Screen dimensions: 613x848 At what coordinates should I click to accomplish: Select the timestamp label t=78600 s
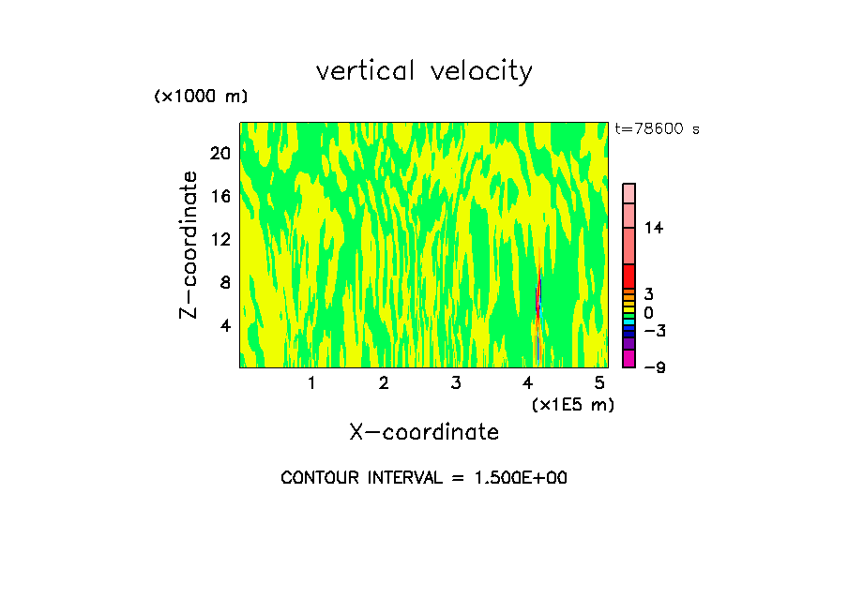coord(657,129)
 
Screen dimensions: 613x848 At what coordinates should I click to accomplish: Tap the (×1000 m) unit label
coord(201,97)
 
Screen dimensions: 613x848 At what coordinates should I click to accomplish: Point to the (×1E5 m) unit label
coord(572,404)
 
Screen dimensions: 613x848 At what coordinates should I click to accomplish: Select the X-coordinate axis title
coord(424,432)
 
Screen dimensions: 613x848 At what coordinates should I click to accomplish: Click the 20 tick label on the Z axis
coord(220,154)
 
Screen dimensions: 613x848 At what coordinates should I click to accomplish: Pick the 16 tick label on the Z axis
coord(220,197)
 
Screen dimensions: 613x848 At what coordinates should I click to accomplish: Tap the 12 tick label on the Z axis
coord(220,239)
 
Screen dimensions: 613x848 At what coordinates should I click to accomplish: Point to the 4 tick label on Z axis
coord(224,325)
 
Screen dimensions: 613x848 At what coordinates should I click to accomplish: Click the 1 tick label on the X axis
coord(311,383)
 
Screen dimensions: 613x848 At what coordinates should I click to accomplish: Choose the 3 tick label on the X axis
coord(456,383)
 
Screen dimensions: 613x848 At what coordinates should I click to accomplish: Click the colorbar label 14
coord(654,228)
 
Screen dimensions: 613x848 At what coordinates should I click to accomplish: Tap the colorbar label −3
coord(654,331)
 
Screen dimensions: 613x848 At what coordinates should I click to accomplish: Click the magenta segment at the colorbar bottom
coord(629,358)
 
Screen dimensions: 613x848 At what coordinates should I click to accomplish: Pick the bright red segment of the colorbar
coord(629,276)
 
